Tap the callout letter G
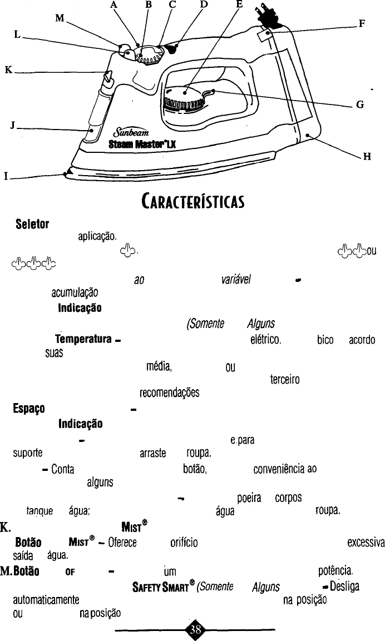(x=361, y=103)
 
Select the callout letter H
(x=367, y=156)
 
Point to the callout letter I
(x=6, y=178)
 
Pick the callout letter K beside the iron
(x=8, y=70)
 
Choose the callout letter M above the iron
(x=60, y=18)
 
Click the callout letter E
(x=239, y=4)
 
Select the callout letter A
(x=130, y=4)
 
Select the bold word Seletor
(x=32, y=225)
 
